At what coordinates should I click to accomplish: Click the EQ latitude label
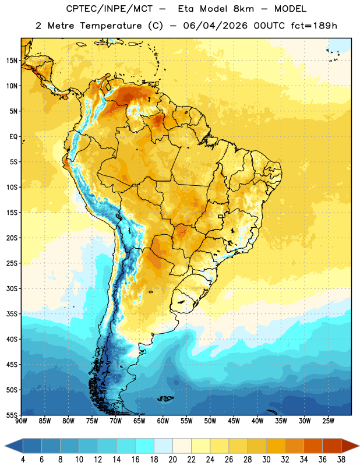click(13, 137)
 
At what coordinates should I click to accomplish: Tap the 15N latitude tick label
click(12, 61)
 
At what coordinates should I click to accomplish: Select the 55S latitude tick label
click(12, 415)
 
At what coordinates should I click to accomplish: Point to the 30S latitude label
click(12, 288)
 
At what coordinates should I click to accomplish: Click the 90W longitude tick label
click(21, 421)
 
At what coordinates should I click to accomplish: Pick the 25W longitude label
click(328, 421)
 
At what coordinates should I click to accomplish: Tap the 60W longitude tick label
click(163, 421)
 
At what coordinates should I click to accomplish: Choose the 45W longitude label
click(234, 421)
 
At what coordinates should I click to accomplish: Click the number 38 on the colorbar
click(341, 460)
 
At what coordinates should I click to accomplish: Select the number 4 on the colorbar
click(23, 460)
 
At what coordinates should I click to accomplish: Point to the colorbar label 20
click(172, 460)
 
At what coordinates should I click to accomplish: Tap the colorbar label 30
click(266, 460)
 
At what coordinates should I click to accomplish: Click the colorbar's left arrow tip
click(5, 446)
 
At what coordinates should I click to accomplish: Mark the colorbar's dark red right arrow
click(350, 446)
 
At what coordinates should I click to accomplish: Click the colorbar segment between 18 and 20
click(163, 446)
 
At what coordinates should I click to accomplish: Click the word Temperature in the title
click(111, 26)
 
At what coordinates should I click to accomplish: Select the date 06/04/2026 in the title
click(215, 26)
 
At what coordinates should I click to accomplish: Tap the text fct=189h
click(314, 26)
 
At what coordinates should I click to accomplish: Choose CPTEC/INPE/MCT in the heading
click(109, 9)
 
